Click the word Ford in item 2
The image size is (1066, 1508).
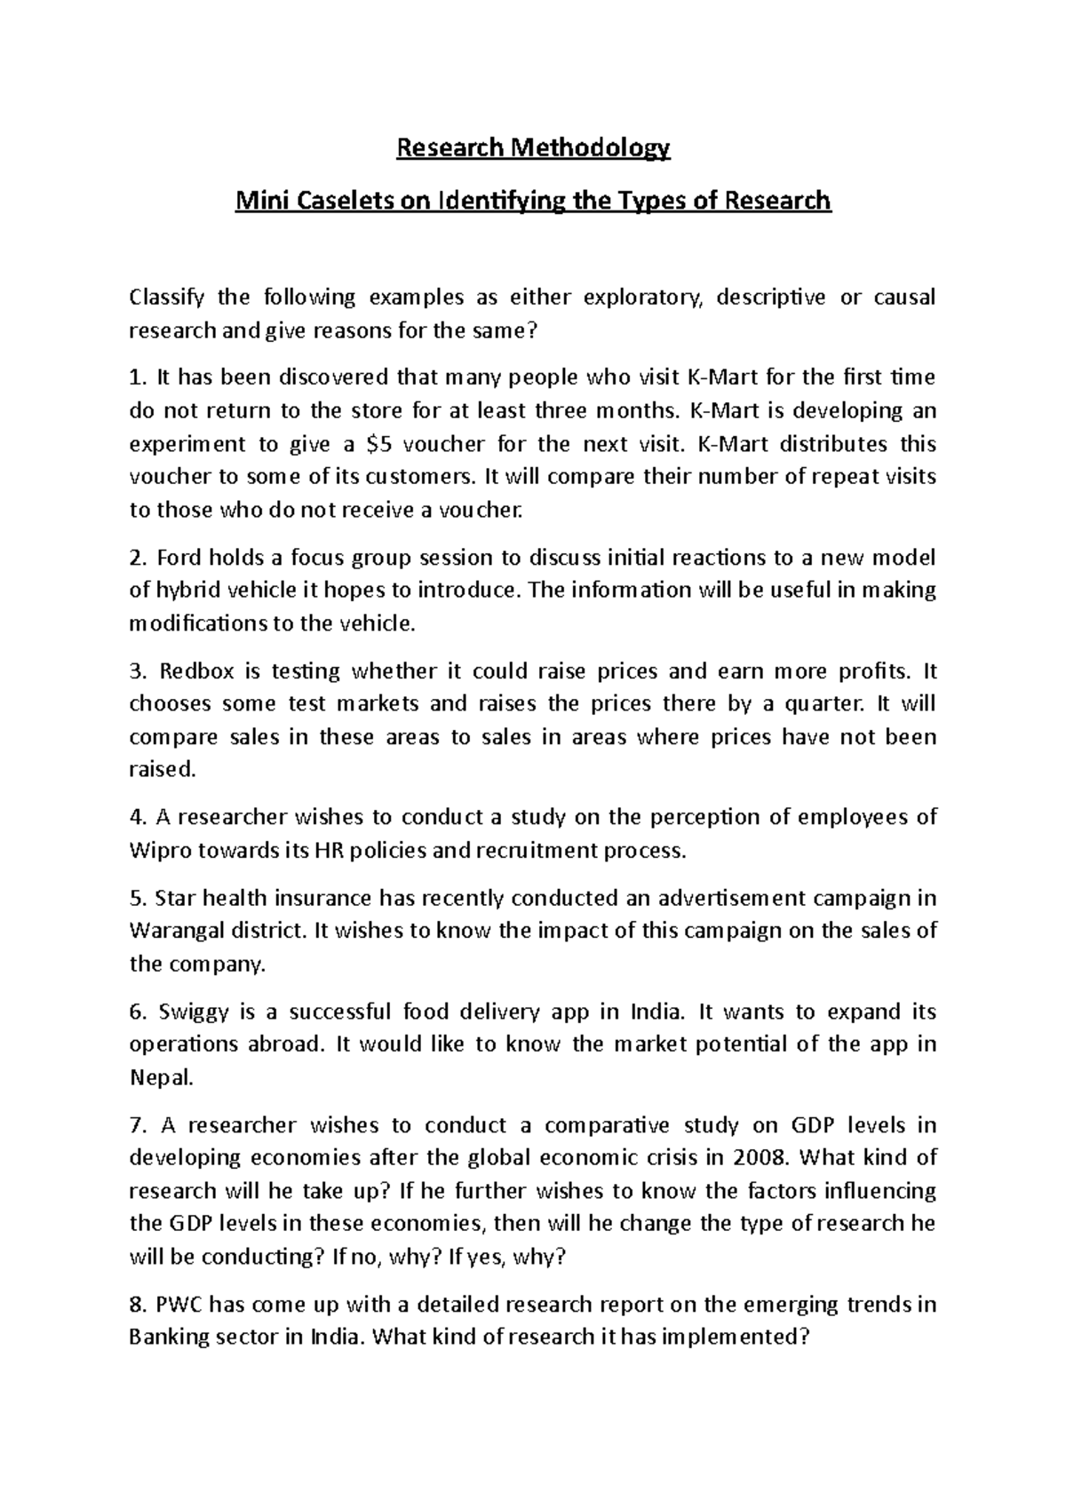pos(180,558)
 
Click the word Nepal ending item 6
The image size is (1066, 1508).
pos(160,1077)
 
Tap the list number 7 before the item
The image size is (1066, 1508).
pos(137,1125)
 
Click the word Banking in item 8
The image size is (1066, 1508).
pos(169,1337)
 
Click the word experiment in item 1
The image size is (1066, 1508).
pos(187,443)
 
